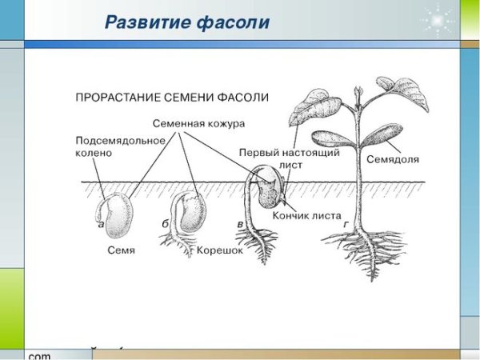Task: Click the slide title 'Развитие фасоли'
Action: pos(187,22)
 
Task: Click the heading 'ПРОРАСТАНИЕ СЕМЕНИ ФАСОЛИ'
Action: pos(171,97)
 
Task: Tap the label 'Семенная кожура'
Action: pos(198,124)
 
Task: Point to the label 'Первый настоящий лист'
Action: pos(290,158)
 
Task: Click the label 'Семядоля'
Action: pos(393,159)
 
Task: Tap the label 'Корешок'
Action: pos(220,250)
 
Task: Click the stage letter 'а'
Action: pos(101,224)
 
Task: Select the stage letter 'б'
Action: pos(165,224)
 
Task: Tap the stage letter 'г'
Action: pos(346,225)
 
